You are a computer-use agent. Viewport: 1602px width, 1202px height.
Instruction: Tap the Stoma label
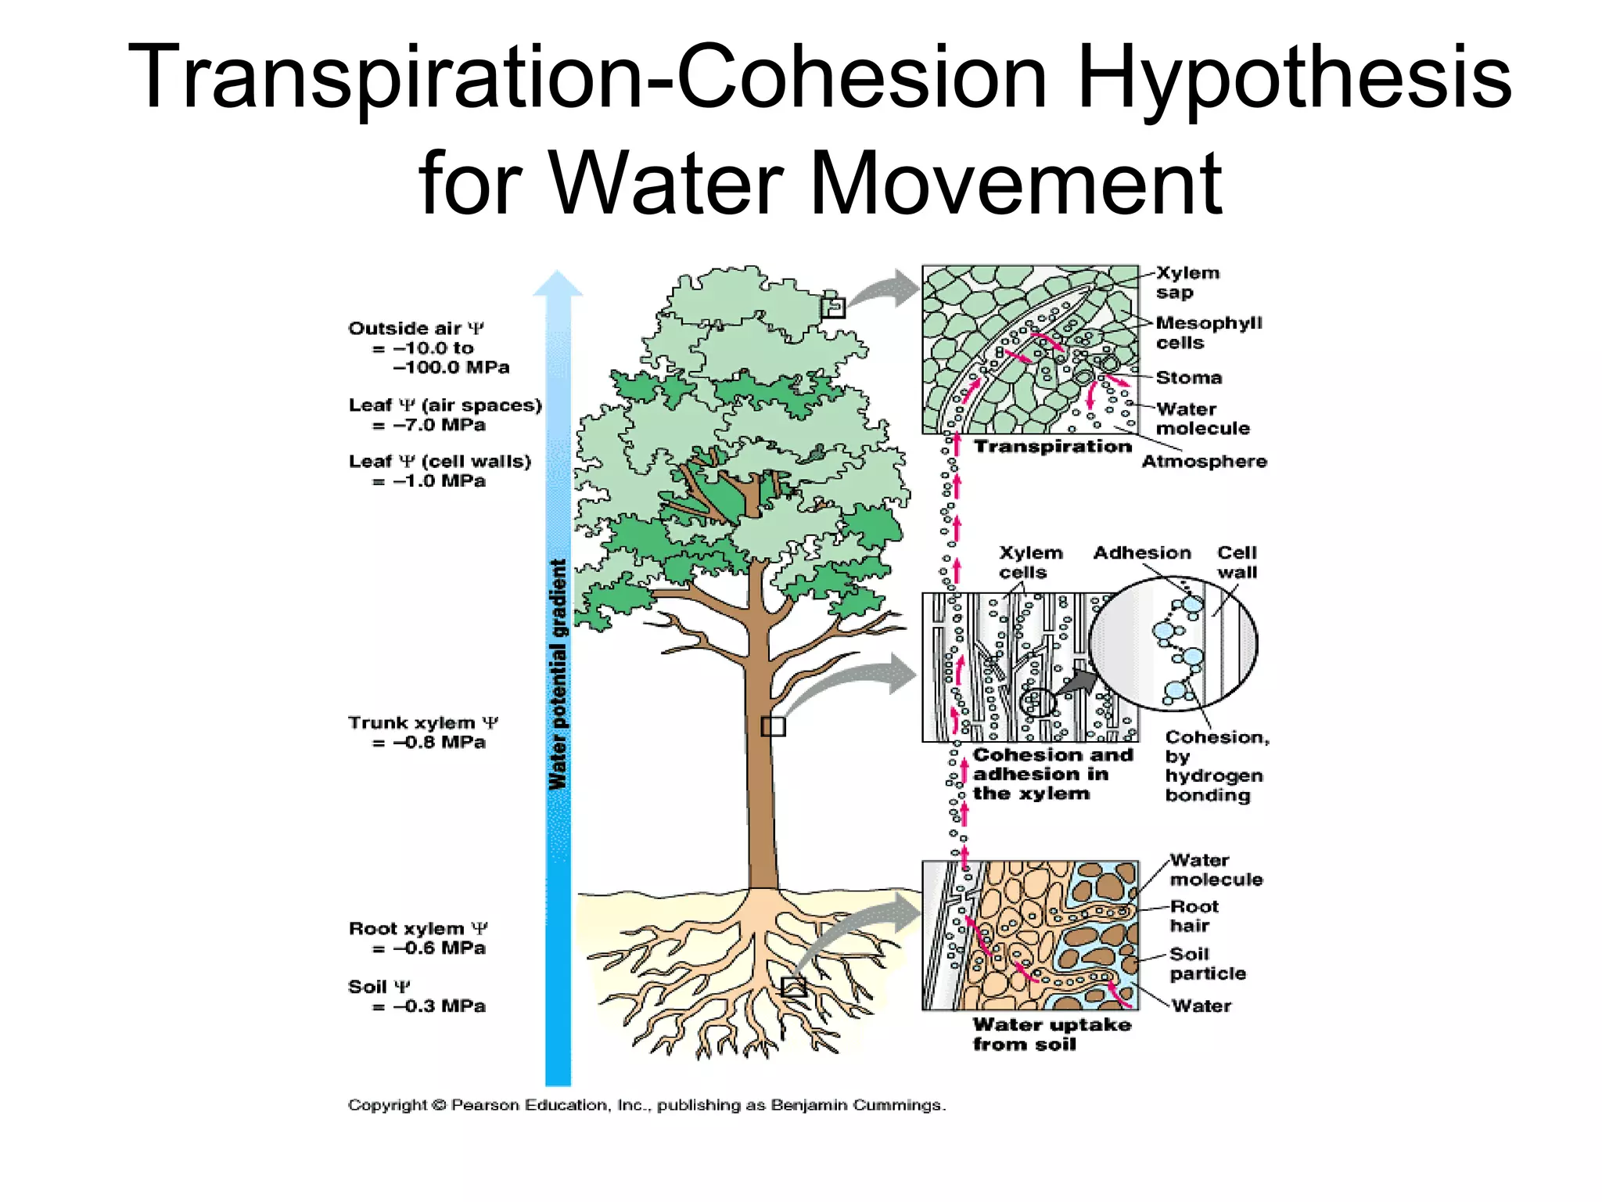(1188, 378)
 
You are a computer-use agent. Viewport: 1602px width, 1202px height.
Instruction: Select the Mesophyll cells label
(1209, 333)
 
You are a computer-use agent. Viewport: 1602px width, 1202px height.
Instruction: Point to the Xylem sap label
(1187, 283)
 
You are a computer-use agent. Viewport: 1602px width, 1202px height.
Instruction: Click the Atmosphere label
(1204, 462)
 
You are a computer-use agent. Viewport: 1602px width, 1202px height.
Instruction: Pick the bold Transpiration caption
(1052, 447)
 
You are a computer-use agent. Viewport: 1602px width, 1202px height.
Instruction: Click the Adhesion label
(1142, 553)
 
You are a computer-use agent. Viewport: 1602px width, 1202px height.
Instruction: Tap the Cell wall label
(1237, 563)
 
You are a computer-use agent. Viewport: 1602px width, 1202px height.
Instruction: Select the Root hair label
(1194, 916)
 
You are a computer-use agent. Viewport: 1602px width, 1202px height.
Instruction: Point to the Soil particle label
(1208, 964)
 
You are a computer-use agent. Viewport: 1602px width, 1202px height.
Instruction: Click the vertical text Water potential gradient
(558, 675)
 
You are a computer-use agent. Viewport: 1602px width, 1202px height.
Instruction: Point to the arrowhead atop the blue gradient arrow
(558, 283)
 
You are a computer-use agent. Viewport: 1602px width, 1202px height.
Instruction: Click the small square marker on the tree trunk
(773, 727)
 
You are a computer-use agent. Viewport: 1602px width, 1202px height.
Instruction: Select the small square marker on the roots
(793, 987)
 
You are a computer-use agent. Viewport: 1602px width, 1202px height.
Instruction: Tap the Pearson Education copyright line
(647, 1106)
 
